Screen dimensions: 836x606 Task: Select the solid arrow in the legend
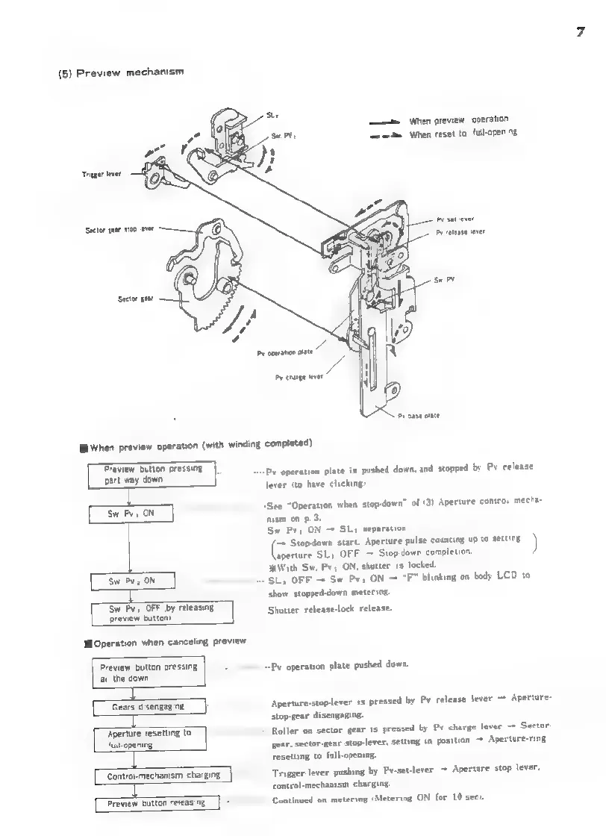click(384, 120)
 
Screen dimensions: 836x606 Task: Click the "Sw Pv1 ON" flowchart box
click(131, 514)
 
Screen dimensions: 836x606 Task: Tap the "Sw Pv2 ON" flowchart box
click(131, 579)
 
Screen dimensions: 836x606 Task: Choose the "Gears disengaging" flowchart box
click(149, 706)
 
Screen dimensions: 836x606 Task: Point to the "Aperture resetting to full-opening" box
click(150, 739)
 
